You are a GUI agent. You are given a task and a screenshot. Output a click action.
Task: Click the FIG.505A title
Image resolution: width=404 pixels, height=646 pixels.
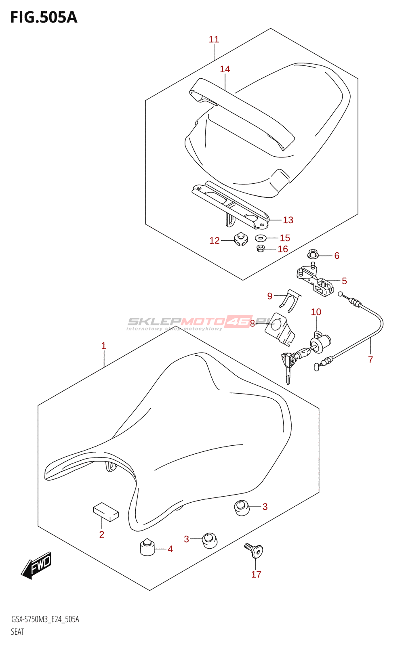(x=44, y=17)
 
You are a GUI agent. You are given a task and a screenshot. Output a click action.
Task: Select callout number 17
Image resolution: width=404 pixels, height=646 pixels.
(x=256, y=574)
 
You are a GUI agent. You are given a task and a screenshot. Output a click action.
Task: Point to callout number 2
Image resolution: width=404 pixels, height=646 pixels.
(x=102, y=534)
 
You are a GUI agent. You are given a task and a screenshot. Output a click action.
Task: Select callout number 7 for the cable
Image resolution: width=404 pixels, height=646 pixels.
(x=370, y=359)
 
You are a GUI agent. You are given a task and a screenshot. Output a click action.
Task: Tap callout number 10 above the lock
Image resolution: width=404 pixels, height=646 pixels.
(x=316, y=312)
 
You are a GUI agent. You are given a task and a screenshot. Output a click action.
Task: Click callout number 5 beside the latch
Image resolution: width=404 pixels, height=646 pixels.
(x=344, y=281)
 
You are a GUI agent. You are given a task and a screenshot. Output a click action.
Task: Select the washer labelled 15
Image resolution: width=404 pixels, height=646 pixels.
(x=261, y=238)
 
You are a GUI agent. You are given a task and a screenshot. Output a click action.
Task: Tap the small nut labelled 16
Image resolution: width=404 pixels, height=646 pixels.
(x=261, y=248)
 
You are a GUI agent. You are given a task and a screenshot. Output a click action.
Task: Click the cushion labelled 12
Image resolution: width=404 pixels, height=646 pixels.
(x=240, y=239)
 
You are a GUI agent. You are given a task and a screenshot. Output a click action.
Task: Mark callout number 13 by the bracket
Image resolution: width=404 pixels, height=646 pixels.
(x=288, y=220)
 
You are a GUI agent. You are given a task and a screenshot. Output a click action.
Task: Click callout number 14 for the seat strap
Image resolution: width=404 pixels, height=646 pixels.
(x=225, y=69)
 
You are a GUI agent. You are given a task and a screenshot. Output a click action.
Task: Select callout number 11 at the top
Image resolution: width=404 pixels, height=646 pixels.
(x=214, y=39)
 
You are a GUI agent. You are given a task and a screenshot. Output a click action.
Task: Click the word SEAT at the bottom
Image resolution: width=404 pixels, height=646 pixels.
(x=17, y=632)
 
